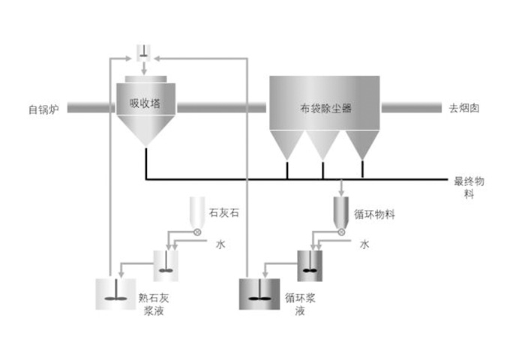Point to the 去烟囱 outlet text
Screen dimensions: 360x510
point(464,108)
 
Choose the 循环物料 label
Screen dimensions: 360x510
point(374,214)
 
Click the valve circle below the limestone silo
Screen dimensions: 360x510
point(197,232)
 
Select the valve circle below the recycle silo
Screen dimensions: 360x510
point(342,232)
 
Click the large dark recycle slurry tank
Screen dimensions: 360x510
point(259,294)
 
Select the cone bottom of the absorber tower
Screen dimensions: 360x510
point(145,131)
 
